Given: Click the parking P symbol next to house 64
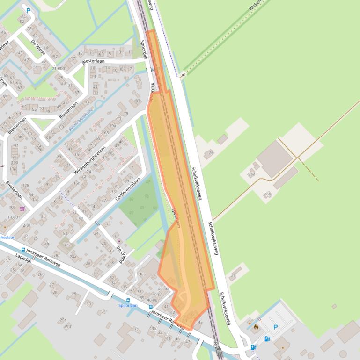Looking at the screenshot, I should point(29,11).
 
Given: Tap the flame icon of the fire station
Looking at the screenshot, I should point(257,327).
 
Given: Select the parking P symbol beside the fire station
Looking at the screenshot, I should point(275,327).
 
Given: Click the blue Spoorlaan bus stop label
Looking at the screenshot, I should point(128,305).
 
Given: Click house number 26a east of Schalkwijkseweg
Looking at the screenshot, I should point(252,174).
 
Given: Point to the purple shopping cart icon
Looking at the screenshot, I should point(22,209).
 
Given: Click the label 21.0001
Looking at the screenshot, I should point(59,69).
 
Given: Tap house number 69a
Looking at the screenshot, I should point(112,126).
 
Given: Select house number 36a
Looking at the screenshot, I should point(142,274).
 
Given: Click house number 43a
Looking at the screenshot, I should point(152,328).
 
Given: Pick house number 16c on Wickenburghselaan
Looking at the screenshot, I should point(76,184).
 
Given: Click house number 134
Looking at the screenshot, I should point(30,194).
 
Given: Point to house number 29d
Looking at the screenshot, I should point(67,326).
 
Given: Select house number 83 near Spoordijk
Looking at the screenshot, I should point(137,101).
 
